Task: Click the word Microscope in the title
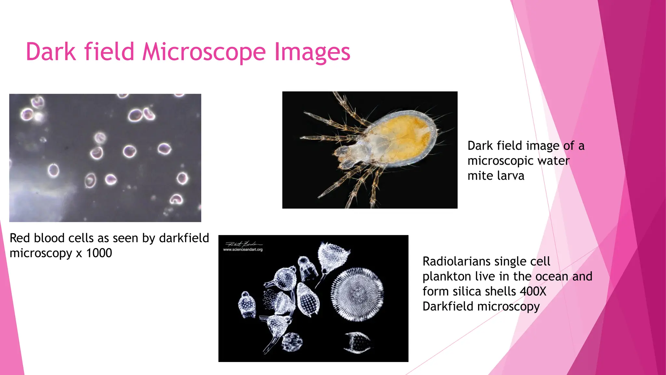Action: pos(204,52)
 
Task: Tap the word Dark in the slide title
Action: pos(50,52)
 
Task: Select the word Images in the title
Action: pos(312,52)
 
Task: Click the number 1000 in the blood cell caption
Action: pos(99,253)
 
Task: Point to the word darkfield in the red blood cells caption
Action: pos(184,238)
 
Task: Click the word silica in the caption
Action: pos(467,291)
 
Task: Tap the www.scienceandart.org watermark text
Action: pos(243,250)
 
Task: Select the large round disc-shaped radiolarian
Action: pos(357,294)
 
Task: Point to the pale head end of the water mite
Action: pos(346,155)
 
